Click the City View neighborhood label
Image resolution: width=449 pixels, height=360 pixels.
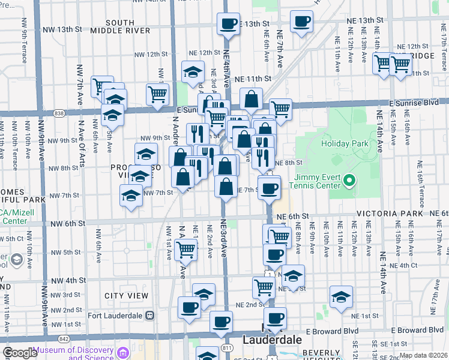tap(126, 296)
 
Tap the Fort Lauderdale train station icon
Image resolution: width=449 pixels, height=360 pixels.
tap(149, 315)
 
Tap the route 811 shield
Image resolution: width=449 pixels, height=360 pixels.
tap(227, 347)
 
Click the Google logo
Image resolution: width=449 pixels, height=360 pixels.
tap(20, 353)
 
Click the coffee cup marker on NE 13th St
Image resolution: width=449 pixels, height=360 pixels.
tap(228, 24)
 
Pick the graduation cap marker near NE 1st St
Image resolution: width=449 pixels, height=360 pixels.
tap(341, 297)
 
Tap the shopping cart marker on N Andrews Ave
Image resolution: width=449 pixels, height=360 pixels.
tap(186, 249)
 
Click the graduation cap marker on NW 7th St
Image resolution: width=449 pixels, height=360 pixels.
tap(131, 195)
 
